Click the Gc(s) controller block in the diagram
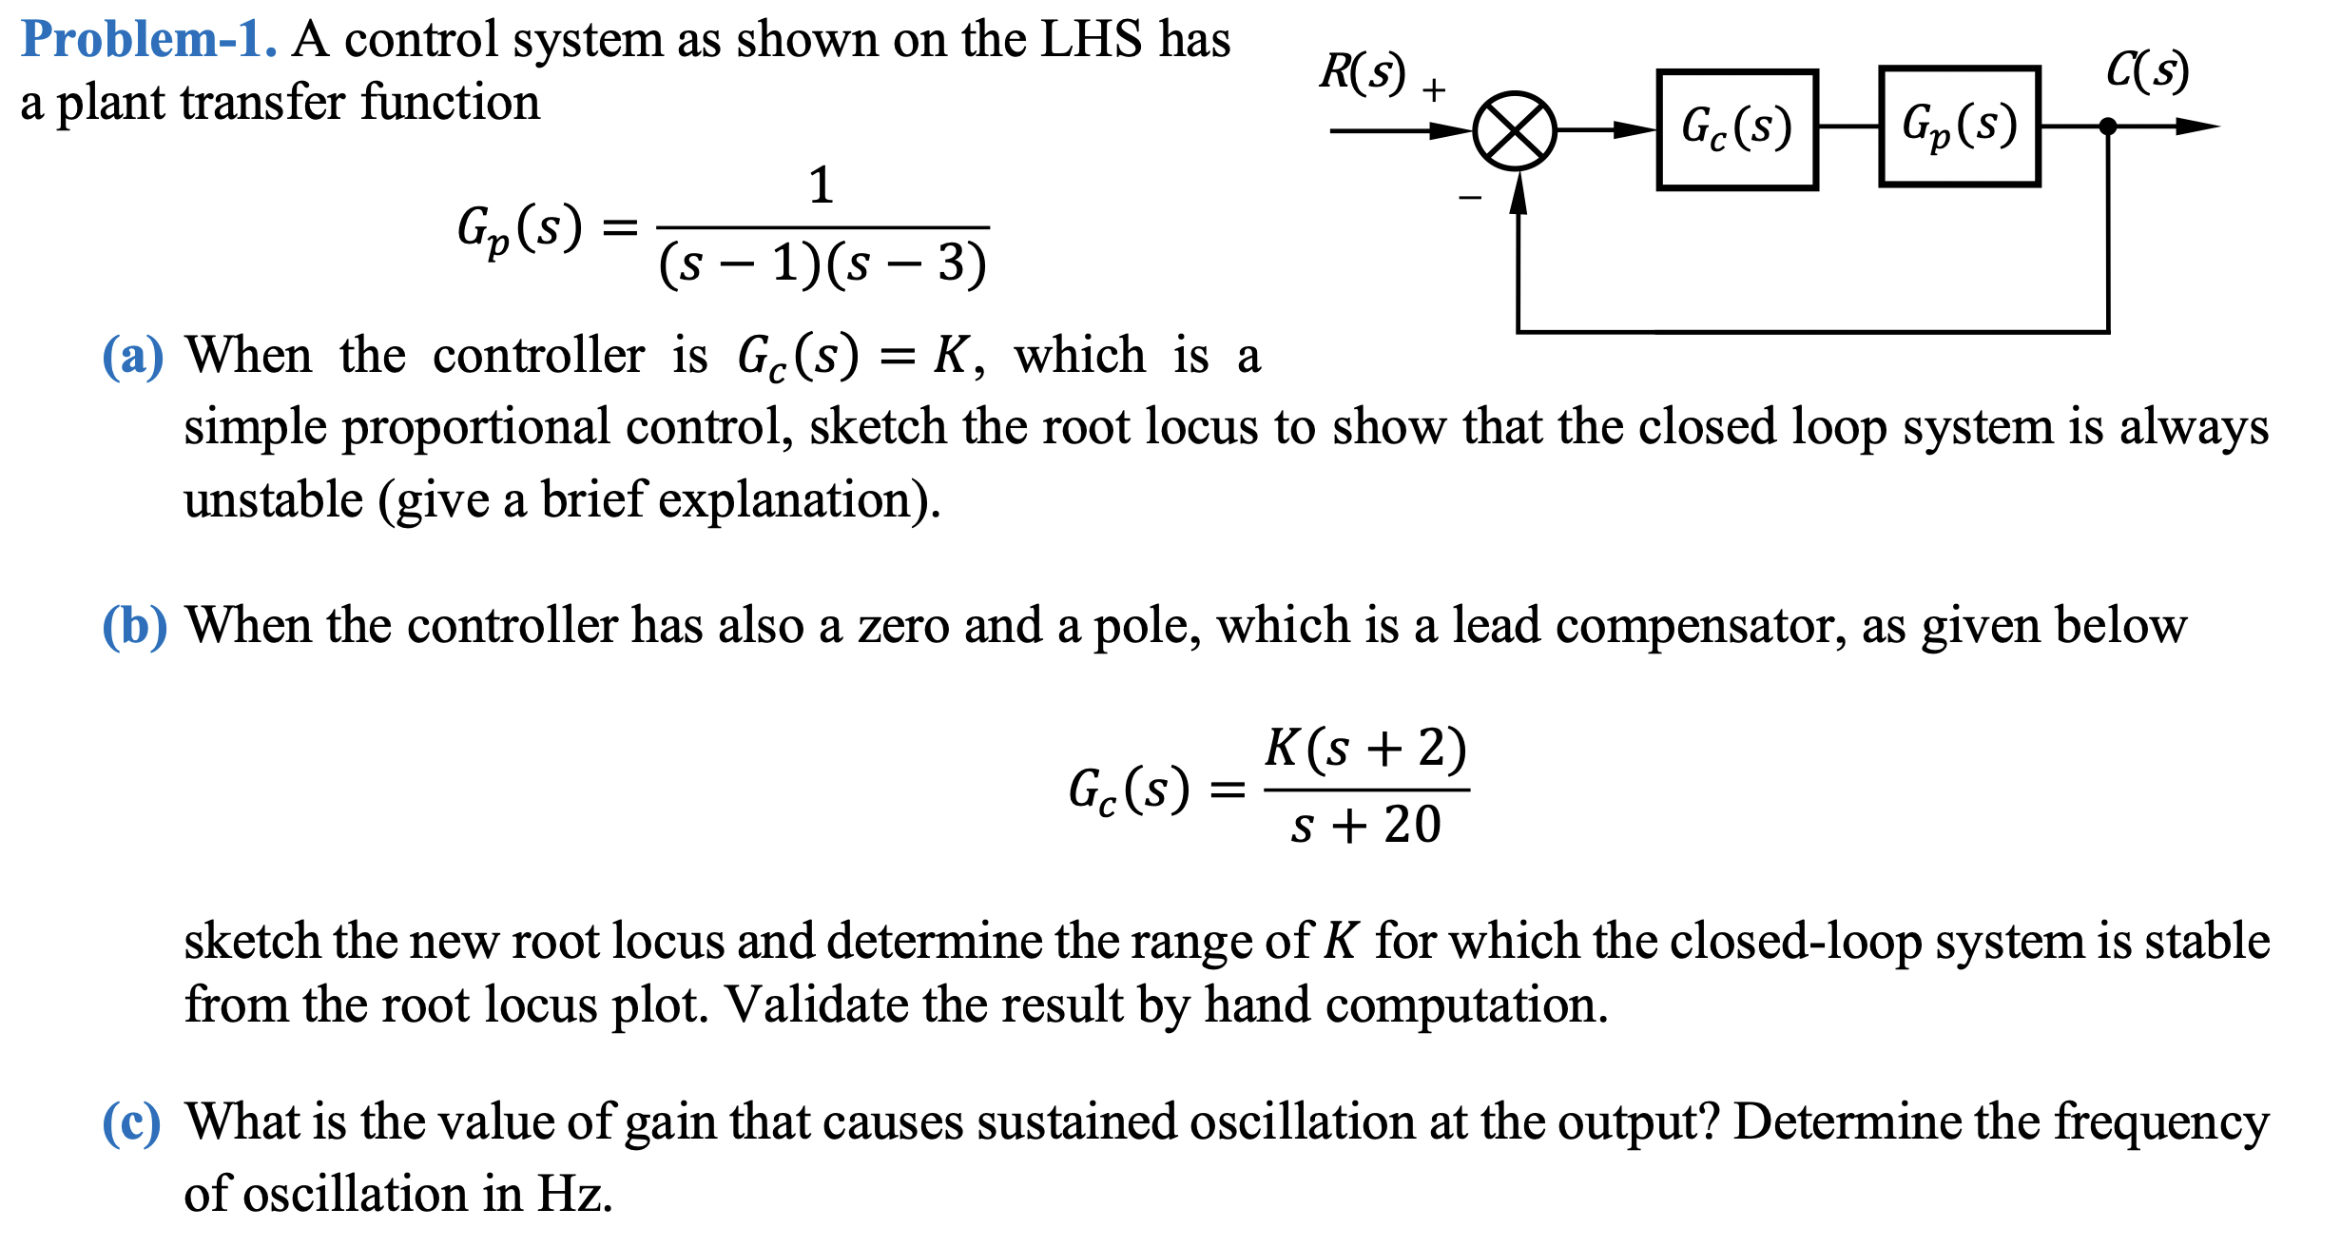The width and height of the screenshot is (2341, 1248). [1736, 129]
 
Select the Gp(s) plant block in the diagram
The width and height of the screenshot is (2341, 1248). [1959, 127]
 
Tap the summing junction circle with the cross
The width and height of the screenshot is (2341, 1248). [1514, 131]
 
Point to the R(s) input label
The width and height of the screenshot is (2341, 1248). [1362, 72]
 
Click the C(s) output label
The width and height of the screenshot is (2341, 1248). [2147, 70]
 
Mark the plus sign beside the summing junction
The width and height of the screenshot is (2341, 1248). [1434, 90]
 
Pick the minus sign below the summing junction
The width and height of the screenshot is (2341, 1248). [1470, 198]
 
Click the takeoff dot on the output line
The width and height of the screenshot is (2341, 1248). [2107, 127]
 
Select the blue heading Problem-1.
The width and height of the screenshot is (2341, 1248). [148, 40]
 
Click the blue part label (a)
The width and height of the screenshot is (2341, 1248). [132, 357]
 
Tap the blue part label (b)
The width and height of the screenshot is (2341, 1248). [134, 627]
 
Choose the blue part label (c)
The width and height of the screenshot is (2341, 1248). [131, 1123]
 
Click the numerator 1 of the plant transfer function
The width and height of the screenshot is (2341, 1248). [822, 185]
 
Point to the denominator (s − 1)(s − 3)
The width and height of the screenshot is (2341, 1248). [822, 263]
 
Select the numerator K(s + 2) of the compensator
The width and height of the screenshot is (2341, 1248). [1365, 748]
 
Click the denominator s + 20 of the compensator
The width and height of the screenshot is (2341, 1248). [1365, 825]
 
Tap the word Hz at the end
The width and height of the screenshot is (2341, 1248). [573, 1195]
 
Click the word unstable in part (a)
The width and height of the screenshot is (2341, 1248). [274, 500]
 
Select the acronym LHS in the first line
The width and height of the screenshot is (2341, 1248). [1091, 40]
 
